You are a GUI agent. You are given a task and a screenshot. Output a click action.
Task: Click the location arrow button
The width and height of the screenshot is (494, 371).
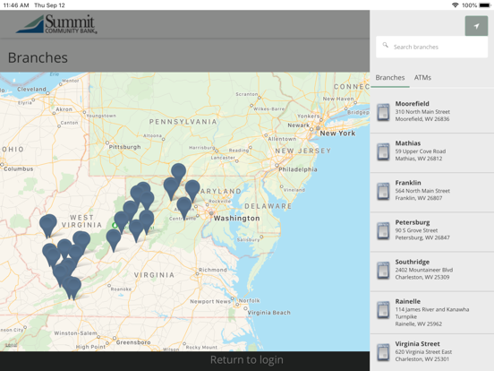(x=476, y=26)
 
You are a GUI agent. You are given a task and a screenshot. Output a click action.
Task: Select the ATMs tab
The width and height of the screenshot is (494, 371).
(x=422, y=78)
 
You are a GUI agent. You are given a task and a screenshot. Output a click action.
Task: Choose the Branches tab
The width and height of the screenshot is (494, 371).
(x=390, y=78)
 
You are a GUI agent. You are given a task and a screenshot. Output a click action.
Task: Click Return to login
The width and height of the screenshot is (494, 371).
(x=246, y=360)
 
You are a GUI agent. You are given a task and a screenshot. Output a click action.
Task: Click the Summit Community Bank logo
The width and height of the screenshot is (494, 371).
(x=55, y=24)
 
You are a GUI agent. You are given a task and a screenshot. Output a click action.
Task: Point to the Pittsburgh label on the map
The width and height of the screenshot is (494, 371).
(x=125, y=146)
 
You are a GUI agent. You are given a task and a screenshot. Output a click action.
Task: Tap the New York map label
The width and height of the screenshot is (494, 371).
(x=337, y=134)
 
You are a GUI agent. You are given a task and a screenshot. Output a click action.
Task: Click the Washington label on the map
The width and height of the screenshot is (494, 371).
(x=237, y=218)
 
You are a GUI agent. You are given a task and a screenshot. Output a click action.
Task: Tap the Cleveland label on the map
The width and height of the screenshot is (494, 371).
(x=32, y=90)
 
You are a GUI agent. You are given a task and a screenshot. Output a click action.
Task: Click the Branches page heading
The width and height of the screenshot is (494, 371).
(x=38, y=58)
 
